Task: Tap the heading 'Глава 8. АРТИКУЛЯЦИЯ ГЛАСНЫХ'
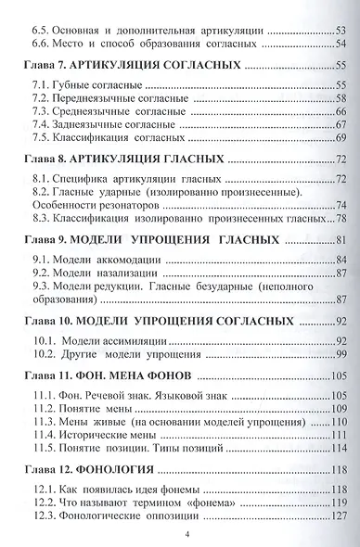[x=123, y=159]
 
